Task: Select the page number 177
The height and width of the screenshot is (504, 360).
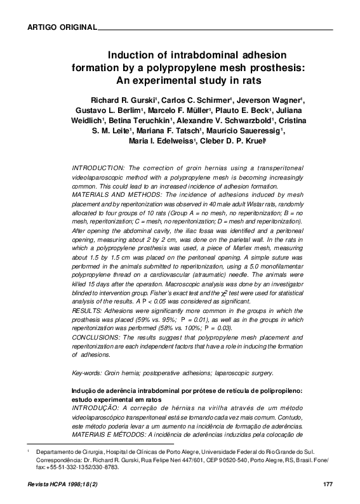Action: point(328,485)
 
